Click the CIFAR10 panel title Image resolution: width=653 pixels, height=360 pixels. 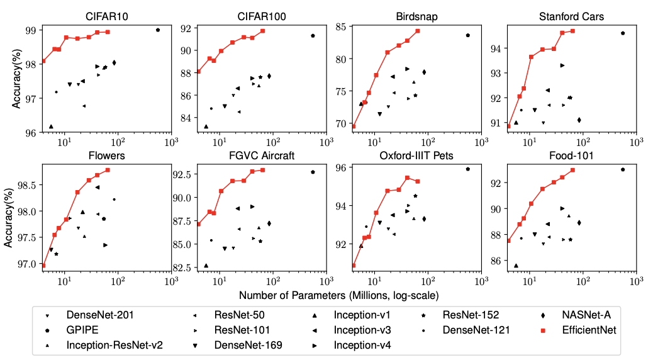pos(106,16)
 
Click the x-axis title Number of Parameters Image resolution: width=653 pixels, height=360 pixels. pos(338,294)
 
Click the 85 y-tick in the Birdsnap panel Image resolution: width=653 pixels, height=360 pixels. pos(342,26)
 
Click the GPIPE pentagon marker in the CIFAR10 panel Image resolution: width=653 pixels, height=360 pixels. pos(158,30)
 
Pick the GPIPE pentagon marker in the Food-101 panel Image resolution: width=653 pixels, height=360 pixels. pos(623,169)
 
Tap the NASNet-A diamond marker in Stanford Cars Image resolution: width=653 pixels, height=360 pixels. pos(579,120)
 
